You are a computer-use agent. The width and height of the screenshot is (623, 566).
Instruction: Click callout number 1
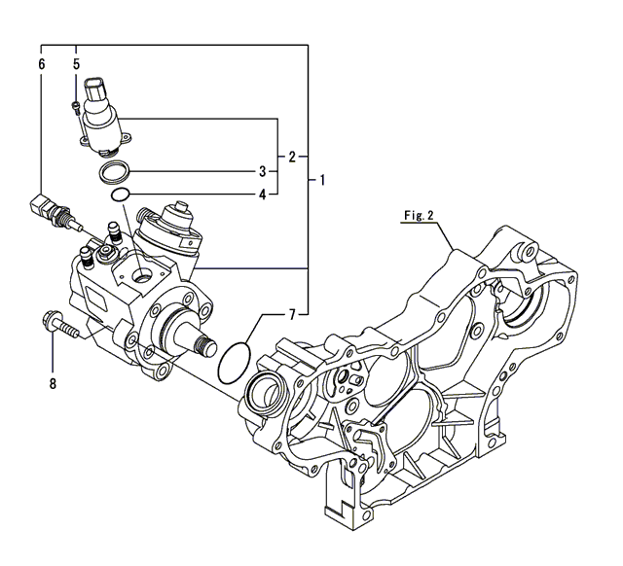(x=322, y=181)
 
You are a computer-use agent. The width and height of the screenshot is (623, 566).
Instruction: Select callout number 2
(x=291, y=156)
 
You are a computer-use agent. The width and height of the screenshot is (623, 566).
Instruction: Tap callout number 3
(x=262, y=172)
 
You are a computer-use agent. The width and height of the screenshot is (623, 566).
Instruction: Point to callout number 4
(x=262, y=194)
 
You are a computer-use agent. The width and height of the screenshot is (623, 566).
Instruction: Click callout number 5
(x=76, y=64)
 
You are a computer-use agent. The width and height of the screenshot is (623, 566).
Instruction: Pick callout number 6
(x=41, y=64)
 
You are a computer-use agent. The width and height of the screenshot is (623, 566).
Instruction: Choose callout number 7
(x=290, y=314)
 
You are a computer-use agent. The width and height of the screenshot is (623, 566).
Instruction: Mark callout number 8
(x=54, y=383)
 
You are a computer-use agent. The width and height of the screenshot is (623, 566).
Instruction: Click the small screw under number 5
(x=76, y=107)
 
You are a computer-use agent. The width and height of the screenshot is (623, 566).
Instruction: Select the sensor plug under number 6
(x=49, y=209)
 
